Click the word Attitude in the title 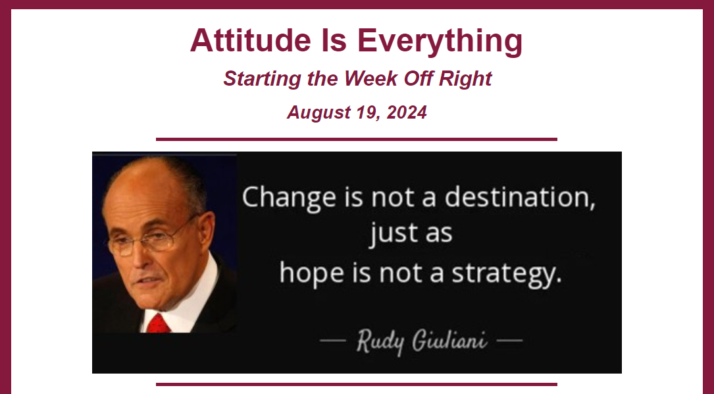pos(251,40)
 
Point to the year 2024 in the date pos(407,112)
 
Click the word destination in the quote pos(520,197)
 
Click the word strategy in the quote pos(506,273)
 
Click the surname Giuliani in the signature pos(449,340)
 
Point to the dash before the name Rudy pos(333,340)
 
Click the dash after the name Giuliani pos(509,340)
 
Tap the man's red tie pos(158,324)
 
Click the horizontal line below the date pos(357,139)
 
